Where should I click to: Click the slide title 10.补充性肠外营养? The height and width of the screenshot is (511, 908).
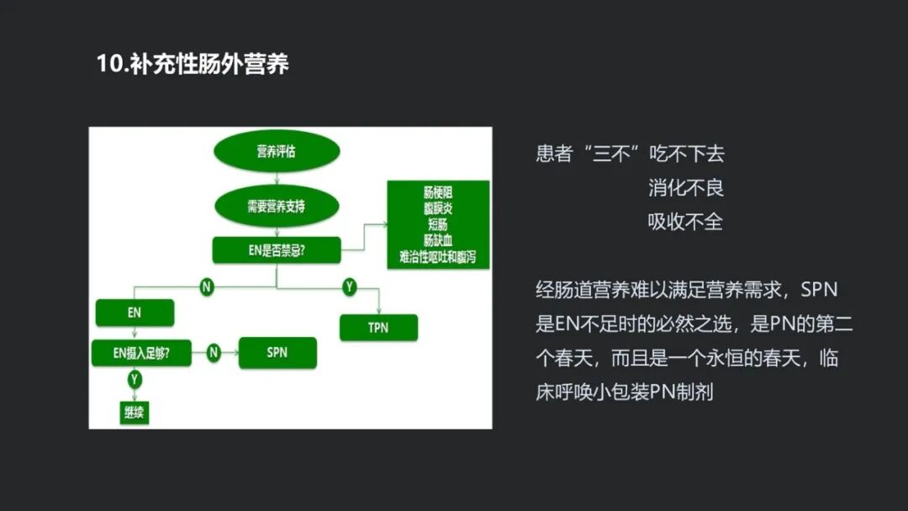(193, 65)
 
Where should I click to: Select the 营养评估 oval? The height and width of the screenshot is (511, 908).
(277, 152)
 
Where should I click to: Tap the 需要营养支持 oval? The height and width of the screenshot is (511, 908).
(277, 206)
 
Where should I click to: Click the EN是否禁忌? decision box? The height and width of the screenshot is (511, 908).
(277, 250)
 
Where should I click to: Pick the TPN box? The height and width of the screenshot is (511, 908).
(378, 327)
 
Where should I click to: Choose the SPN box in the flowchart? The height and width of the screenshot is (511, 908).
(277, 353)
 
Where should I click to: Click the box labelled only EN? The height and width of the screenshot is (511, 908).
(135, 313)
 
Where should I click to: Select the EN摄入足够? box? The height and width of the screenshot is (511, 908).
(141, 353)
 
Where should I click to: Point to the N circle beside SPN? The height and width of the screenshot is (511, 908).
(214, 353)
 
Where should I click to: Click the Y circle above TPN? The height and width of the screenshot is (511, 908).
(350, 287)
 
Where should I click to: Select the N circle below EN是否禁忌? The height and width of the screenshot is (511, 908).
(207, 287)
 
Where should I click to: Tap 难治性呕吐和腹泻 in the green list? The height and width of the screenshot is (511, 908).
(439, 256)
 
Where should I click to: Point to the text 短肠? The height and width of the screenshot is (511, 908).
(439, 224)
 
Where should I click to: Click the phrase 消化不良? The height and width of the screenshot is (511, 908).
(685, 187)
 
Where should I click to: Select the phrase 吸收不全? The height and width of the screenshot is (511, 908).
(685, 222)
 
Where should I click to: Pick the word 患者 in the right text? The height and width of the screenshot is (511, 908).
(554, 154)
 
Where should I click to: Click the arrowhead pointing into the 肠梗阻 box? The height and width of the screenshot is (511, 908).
(384, 224)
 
